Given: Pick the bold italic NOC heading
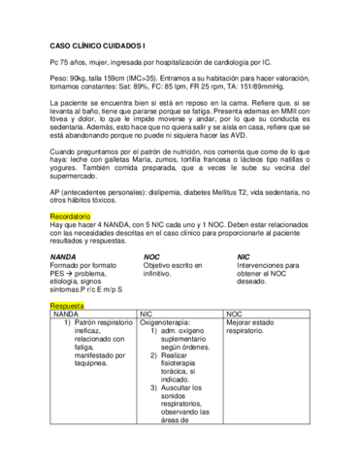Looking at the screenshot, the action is (x=151, y=256).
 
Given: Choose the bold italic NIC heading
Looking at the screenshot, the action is (x=244, y=256).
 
